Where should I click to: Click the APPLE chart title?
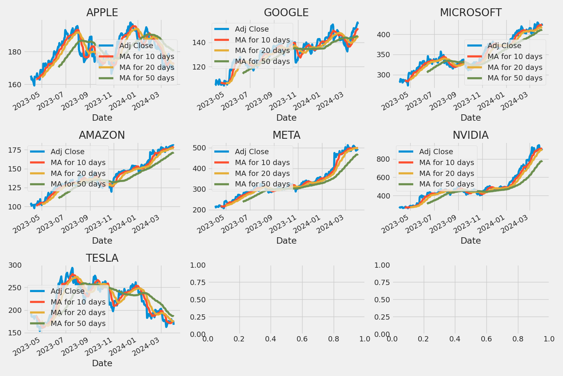coord(102,13)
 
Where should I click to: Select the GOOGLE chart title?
coord(286,13)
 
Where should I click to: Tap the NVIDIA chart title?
coord(470,135)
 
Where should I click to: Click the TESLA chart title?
coord(102,258)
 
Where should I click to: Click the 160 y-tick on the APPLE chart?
coord(15,85)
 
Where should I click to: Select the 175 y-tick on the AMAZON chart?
coord(15,150)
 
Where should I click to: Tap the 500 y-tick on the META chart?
coord(199,148)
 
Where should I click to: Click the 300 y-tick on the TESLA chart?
coord(15,265)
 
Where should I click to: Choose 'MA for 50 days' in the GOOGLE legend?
coord(262,61)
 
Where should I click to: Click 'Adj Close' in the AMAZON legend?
coord(68,152)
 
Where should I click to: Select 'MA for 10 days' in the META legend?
coord(262,163)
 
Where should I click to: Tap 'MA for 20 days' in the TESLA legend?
coord(78,313)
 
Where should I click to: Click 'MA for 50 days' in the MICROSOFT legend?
coord(515,78)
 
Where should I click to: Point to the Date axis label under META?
coord(286,241)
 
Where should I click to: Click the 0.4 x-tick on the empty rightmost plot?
coord(455,339)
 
